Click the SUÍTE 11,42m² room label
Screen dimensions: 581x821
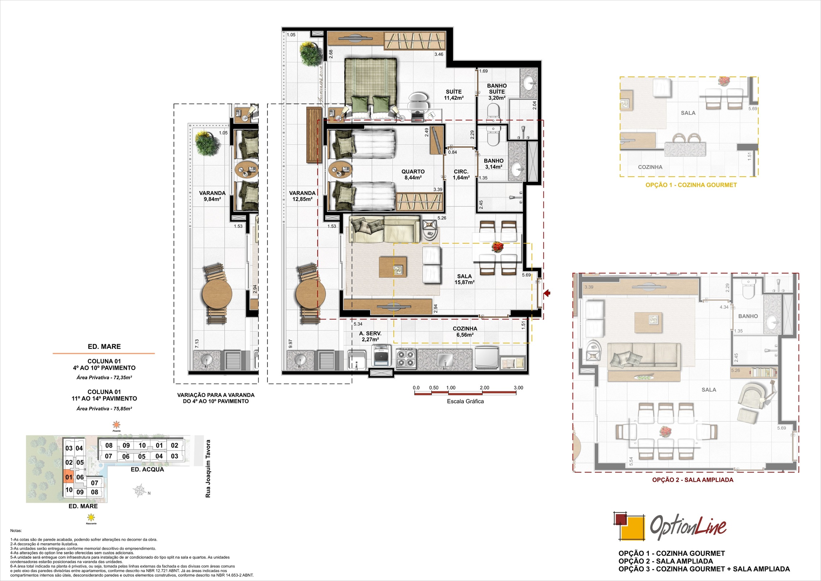[453, 95]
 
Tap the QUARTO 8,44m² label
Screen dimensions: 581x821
[413, 174]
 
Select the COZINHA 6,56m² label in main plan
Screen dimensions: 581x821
[465, 332]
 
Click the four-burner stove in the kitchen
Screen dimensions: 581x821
[406, 358]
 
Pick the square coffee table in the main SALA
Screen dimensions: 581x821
[393, 267]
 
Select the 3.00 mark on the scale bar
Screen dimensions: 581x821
[518, 388]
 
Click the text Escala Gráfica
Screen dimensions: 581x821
[465, 402]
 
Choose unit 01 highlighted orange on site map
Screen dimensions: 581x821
[68, 476]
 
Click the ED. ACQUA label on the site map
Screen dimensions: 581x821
[147, 469]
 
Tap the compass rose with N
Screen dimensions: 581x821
[140, 491]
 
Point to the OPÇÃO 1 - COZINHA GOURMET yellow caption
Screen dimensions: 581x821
[691, 185]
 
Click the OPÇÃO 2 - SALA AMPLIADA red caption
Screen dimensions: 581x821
[692, 480]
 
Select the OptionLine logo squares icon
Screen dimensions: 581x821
[629, 527]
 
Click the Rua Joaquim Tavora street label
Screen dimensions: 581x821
[208, 469]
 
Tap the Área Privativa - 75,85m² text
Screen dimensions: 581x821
[104, 409]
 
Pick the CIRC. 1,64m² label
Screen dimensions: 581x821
[461, 174]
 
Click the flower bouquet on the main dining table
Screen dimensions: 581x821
[498, 246]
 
